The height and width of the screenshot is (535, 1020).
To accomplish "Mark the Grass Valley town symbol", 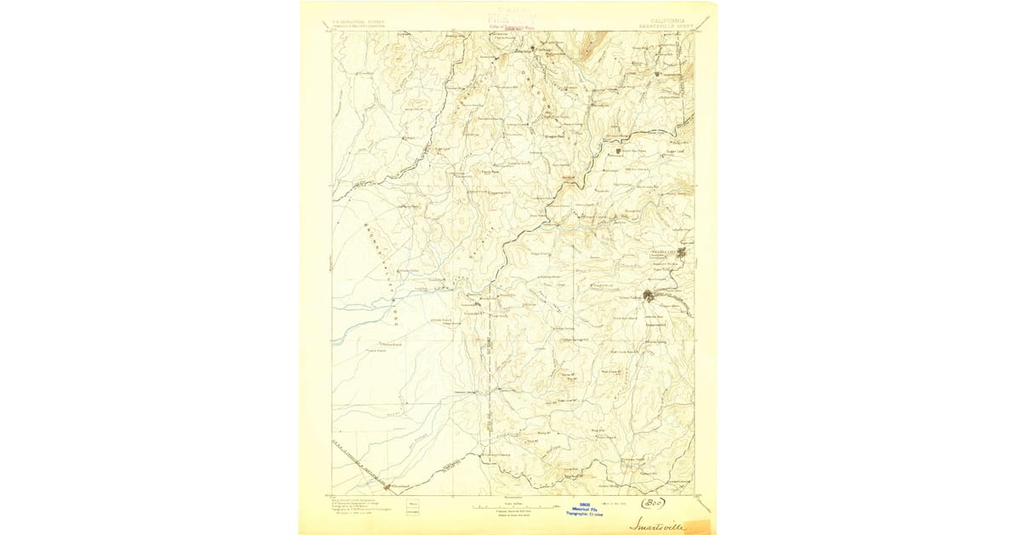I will tap(649, 296).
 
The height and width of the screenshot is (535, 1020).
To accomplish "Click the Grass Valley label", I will tap(630, 296).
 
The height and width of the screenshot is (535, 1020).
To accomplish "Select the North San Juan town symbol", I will tap(618, 152).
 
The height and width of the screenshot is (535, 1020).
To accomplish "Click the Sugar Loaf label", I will tap(674, 152).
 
